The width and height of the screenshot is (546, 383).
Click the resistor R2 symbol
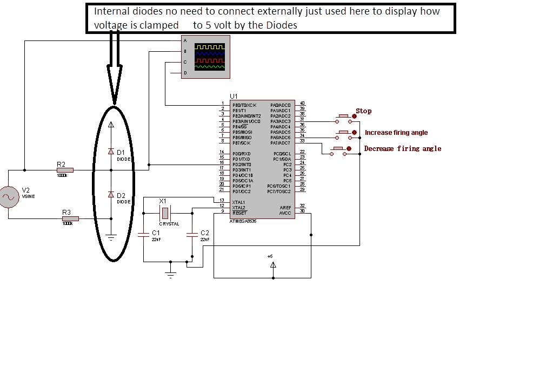[64, 170]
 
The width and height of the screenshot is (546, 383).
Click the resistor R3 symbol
[70, 218]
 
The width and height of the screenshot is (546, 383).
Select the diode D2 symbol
[111, 194]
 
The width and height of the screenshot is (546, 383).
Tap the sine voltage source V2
[9, 197]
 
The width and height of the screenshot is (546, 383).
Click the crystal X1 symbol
[165, 213]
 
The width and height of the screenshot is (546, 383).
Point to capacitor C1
[143, 234]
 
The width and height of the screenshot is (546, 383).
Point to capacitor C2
[192, 234]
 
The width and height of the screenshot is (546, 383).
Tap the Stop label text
[363, 111]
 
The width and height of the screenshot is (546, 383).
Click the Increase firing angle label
[396, 133]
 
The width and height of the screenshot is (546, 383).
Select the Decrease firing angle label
[403, 149]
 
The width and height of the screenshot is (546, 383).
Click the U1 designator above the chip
[234, 96]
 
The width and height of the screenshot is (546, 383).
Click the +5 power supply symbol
[273, 264]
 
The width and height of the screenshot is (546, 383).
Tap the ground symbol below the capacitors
[171, 275]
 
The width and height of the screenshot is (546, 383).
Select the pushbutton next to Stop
[343, 117]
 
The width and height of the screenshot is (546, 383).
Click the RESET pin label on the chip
[239, 213]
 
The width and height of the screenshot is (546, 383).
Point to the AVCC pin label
[285, 213]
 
